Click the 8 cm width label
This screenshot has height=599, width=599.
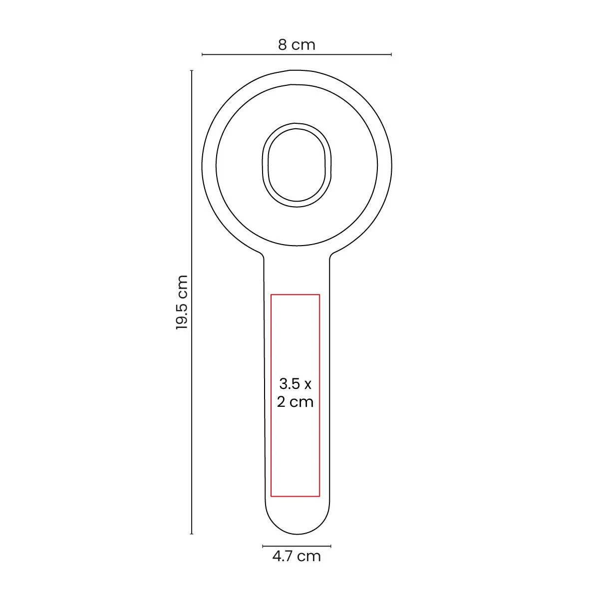click(x=297, y=45)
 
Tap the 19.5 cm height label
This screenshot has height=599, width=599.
click(x=182, y=302)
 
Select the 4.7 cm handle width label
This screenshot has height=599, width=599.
click(x=297, y=556)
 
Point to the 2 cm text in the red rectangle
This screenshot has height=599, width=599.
click(x=295, y=402)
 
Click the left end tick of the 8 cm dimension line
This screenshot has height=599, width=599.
click(x=202, y=54)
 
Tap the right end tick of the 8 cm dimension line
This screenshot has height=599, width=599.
click(x=391, y=54)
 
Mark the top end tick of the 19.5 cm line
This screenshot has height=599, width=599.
click(x=192, y=71)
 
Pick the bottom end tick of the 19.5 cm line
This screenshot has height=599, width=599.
click(x=192, y=534)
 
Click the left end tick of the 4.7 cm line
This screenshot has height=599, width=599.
click(x=263, y=546)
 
